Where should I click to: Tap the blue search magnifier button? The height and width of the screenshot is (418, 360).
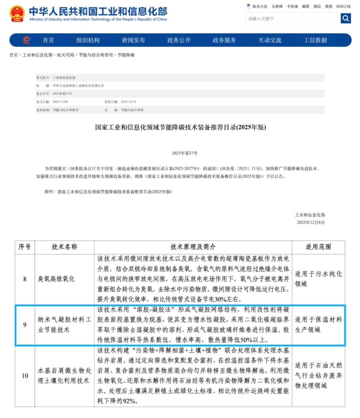click(346, 18)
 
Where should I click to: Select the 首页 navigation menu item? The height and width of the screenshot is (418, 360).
click(48, 40)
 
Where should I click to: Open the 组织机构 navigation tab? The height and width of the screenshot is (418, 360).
click(88, 40)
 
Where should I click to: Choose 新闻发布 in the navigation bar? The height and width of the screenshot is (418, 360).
click(133, 40)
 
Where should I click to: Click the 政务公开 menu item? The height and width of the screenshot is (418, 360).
click(179, 40)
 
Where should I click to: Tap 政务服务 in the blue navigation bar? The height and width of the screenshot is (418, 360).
click(224, 40)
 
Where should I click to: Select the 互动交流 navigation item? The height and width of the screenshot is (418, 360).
click(270, 40)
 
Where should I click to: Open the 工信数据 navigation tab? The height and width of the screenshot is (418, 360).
click(315, 40)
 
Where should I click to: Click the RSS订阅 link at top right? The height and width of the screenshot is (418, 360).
click(343, 6)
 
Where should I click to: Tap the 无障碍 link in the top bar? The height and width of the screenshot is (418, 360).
click(277, 6)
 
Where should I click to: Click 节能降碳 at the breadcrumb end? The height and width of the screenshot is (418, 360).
click(126, 55)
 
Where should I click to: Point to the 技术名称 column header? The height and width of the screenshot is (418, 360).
click(64, 247)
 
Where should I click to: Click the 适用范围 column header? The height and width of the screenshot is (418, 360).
click(318, 247)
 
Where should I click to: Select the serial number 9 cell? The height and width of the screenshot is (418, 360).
click(25, 325)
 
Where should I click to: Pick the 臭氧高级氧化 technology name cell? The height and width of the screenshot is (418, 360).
click(56, 279)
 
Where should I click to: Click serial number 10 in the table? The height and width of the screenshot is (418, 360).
click(25, 376)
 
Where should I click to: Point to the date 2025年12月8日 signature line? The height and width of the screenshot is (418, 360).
click(311, 223)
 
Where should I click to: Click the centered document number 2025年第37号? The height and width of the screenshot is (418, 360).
click(185, 153)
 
